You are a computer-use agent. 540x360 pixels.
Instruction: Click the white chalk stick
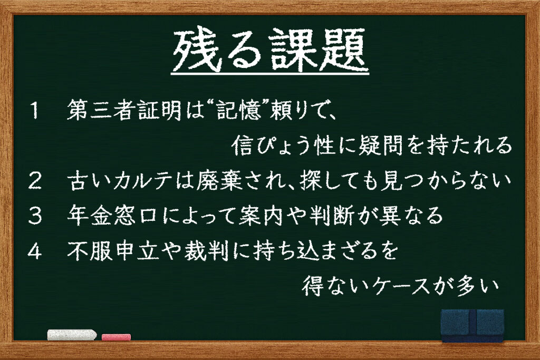coord(72,335)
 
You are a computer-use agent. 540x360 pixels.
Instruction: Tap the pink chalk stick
coord(117,337)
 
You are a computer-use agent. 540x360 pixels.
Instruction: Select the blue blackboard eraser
coord(472,325)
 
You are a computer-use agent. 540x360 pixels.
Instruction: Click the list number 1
coord(34,111)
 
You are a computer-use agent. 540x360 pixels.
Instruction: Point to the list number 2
coord(35,181)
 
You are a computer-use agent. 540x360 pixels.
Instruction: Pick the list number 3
coord(35,216)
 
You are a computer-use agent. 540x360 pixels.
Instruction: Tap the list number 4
coord(34,251)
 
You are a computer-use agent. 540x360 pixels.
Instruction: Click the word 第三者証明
coord(123,110)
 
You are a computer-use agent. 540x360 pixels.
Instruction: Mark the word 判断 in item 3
coord(332,216)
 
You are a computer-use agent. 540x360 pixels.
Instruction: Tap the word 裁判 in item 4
coord(206,251)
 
